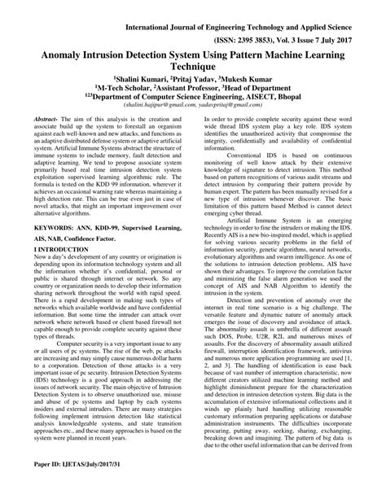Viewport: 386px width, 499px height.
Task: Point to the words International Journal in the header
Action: click(167, 11)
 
